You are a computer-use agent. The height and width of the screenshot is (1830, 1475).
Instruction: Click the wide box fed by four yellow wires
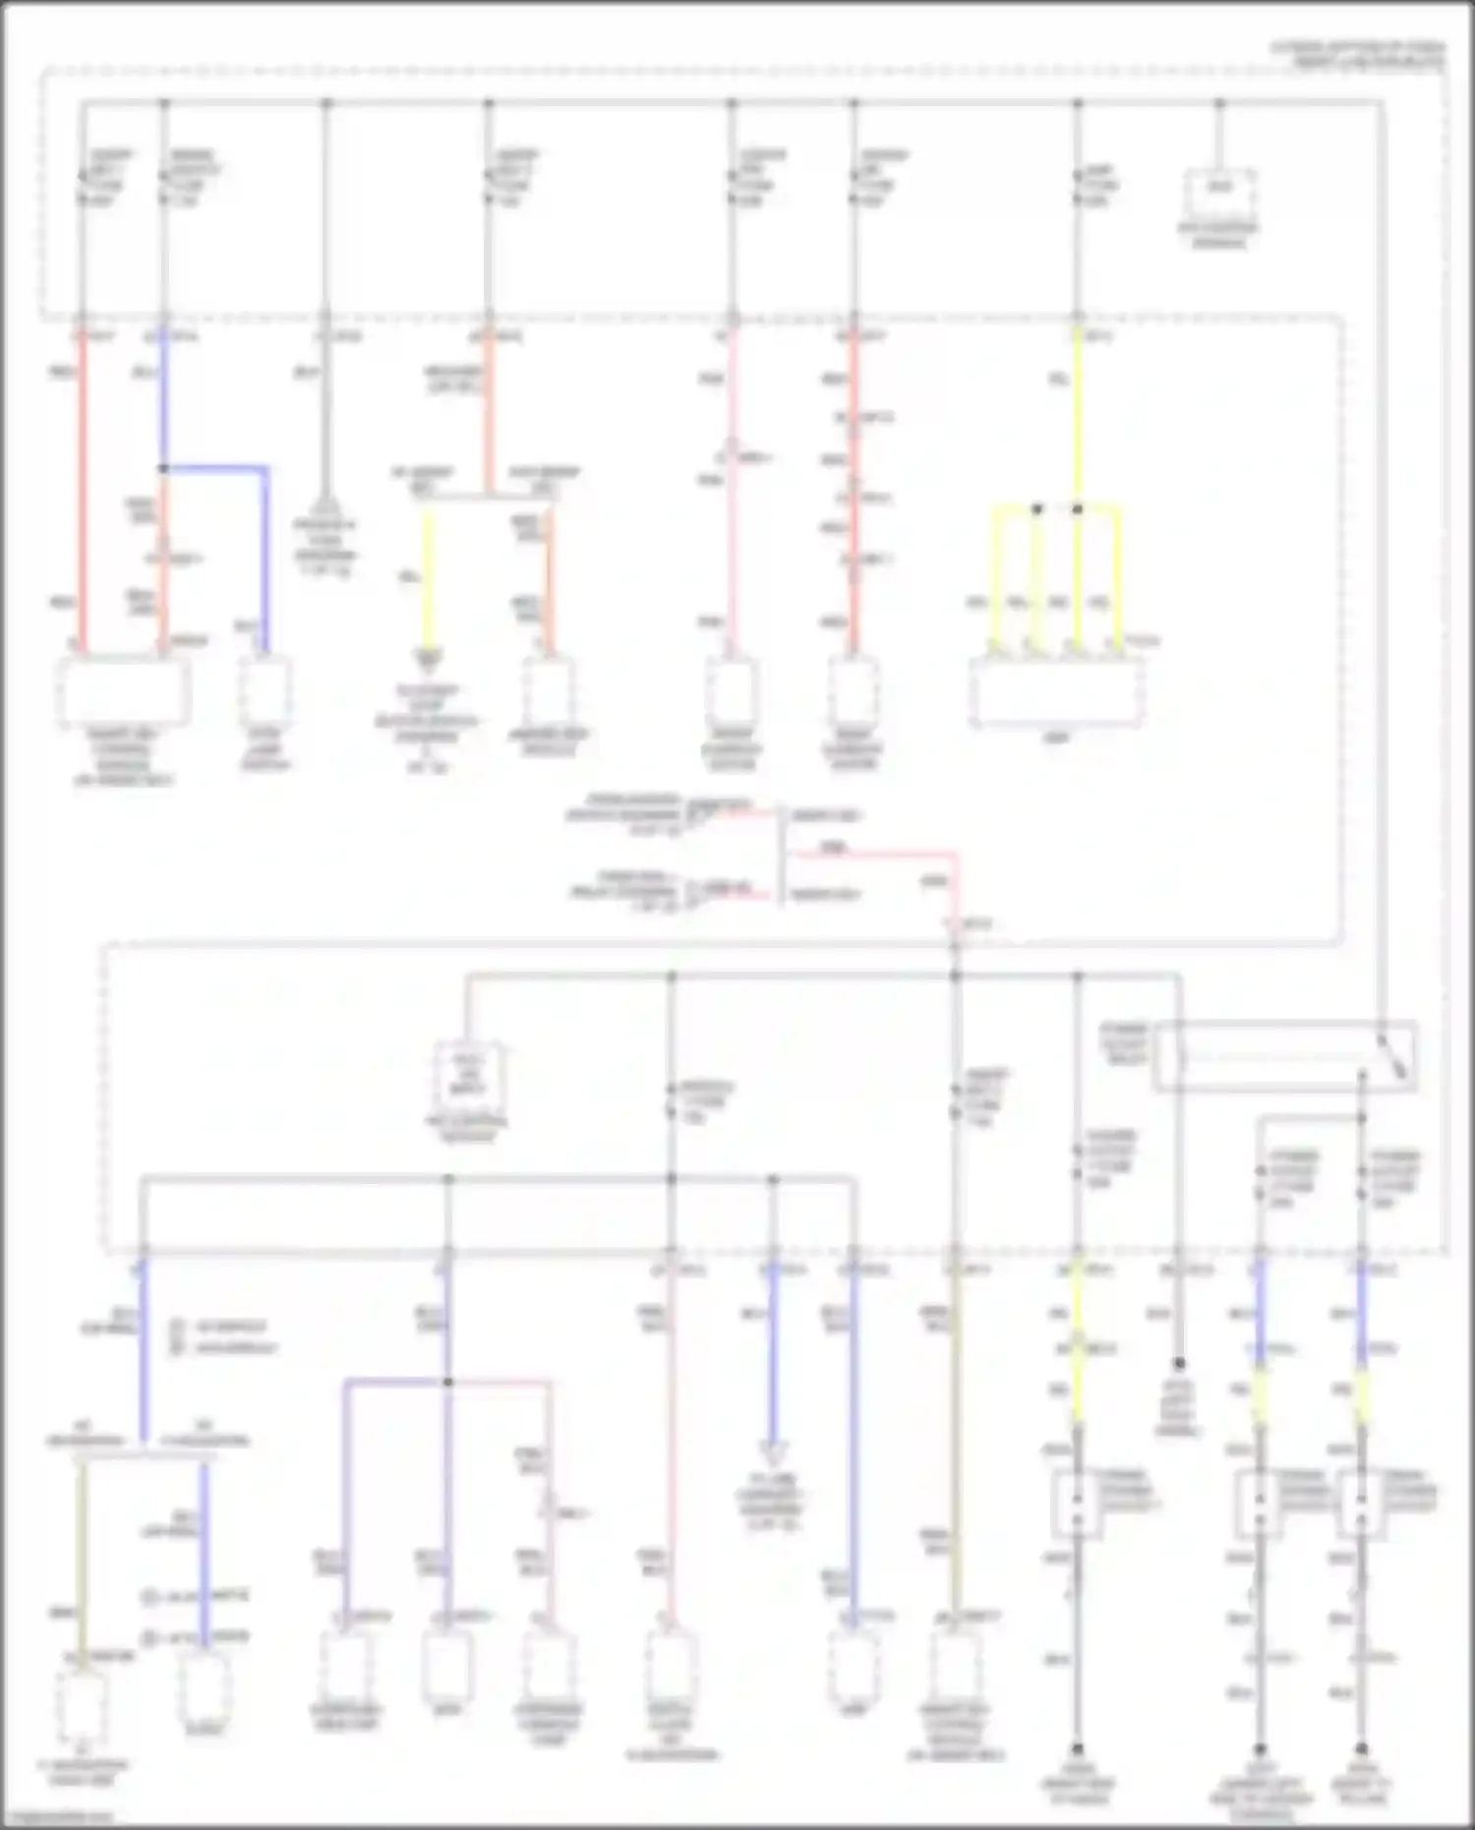tap(1055, 692)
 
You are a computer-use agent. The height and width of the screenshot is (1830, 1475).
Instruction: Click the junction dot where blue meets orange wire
tap(163, 469)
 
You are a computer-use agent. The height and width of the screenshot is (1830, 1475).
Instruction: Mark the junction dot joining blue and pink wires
tap(448, 1382)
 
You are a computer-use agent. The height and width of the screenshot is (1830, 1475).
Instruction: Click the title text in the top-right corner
tap(1358, 53)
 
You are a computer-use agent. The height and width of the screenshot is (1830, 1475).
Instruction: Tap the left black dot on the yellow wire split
tap(1036, 509)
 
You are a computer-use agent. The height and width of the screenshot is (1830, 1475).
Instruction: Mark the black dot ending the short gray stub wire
tap(1178, 1364)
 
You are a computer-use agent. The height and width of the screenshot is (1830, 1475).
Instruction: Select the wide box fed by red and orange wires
tap(124, 690)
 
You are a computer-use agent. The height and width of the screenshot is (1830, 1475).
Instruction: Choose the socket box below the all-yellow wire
tap(1077, 1503)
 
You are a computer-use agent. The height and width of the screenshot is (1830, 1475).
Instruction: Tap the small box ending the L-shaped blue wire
tap(265, 690)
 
